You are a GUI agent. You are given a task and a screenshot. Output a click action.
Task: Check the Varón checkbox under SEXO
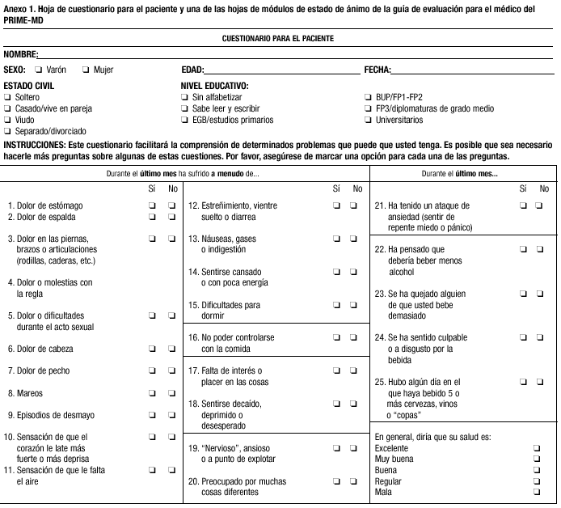click(x=39, y=70)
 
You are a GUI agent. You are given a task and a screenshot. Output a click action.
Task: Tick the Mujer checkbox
click(x=86, y=70)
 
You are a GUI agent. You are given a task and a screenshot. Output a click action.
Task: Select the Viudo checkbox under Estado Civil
click(x=7, y=120)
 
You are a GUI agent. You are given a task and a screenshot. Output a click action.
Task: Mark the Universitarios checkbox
click(x=369, y=120)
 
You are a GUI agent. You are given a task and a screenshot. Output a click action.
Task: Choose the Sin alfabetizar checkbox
click(x=185, y=97)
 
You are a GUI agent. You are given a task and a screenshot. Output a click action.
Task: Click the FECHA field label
click(x=378, y=70)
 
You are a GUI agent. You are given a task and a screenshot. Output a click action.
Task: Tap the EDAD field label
click(x=192, y=70)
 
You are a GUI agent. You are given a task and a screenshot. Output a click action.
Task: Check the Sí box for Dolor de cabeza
click(x=151, y=349)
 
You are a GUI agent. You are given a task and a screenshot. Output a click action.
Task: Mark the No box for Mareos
click(x=171, y=393)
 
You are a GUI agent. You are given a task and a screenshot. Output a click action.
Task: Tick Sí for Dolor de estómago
click(x=151, y=205)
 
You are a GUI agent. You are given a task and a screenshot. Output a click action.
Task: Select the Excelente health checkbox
click(x=537, y=447)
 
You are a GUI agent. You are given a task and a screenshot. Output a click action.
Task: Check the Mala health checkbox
click(x=537, y=491)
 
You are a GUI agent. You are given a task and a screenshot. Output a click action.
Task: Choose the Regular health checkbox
click(x=537, y=480)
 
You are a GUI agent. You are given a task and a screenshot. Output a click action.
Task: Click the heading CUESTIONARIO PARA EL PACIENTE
click(x=278, y=38)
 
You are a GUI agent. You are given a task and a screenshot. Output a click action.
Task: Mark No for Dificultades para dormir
click(x=353, y=305)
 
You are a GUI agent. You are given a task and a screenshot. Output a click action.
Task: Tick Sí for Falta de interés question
click(x=334, y=371)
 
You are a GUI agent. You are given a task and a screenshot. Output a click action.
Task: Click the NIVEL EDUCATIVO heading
click(x=214, y=86)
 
